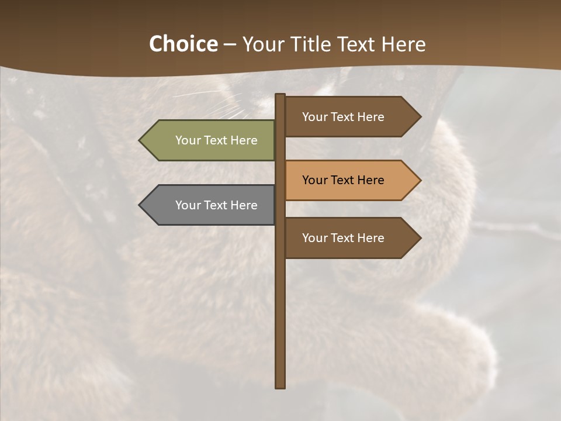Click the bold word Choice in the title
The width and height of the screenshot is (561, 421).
[183, 44]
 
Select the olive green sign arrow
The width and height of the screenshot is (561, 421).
[210, 140]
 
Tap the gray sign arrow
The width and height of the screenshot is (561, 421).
[210, 205]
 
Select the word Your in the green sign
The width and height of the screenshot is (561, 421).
[187, 140]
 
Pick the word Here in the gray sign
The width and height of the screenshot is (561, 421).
[244, 205]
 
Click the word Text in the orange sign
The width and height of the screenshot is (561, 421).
[343, 180]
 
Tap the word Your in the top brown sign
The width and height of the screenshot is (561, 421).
[314, 117]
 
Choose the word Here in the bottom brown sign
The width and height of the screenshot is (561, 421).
[371, 238]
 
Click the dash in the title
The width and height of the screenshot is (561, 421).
[230, 45]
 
